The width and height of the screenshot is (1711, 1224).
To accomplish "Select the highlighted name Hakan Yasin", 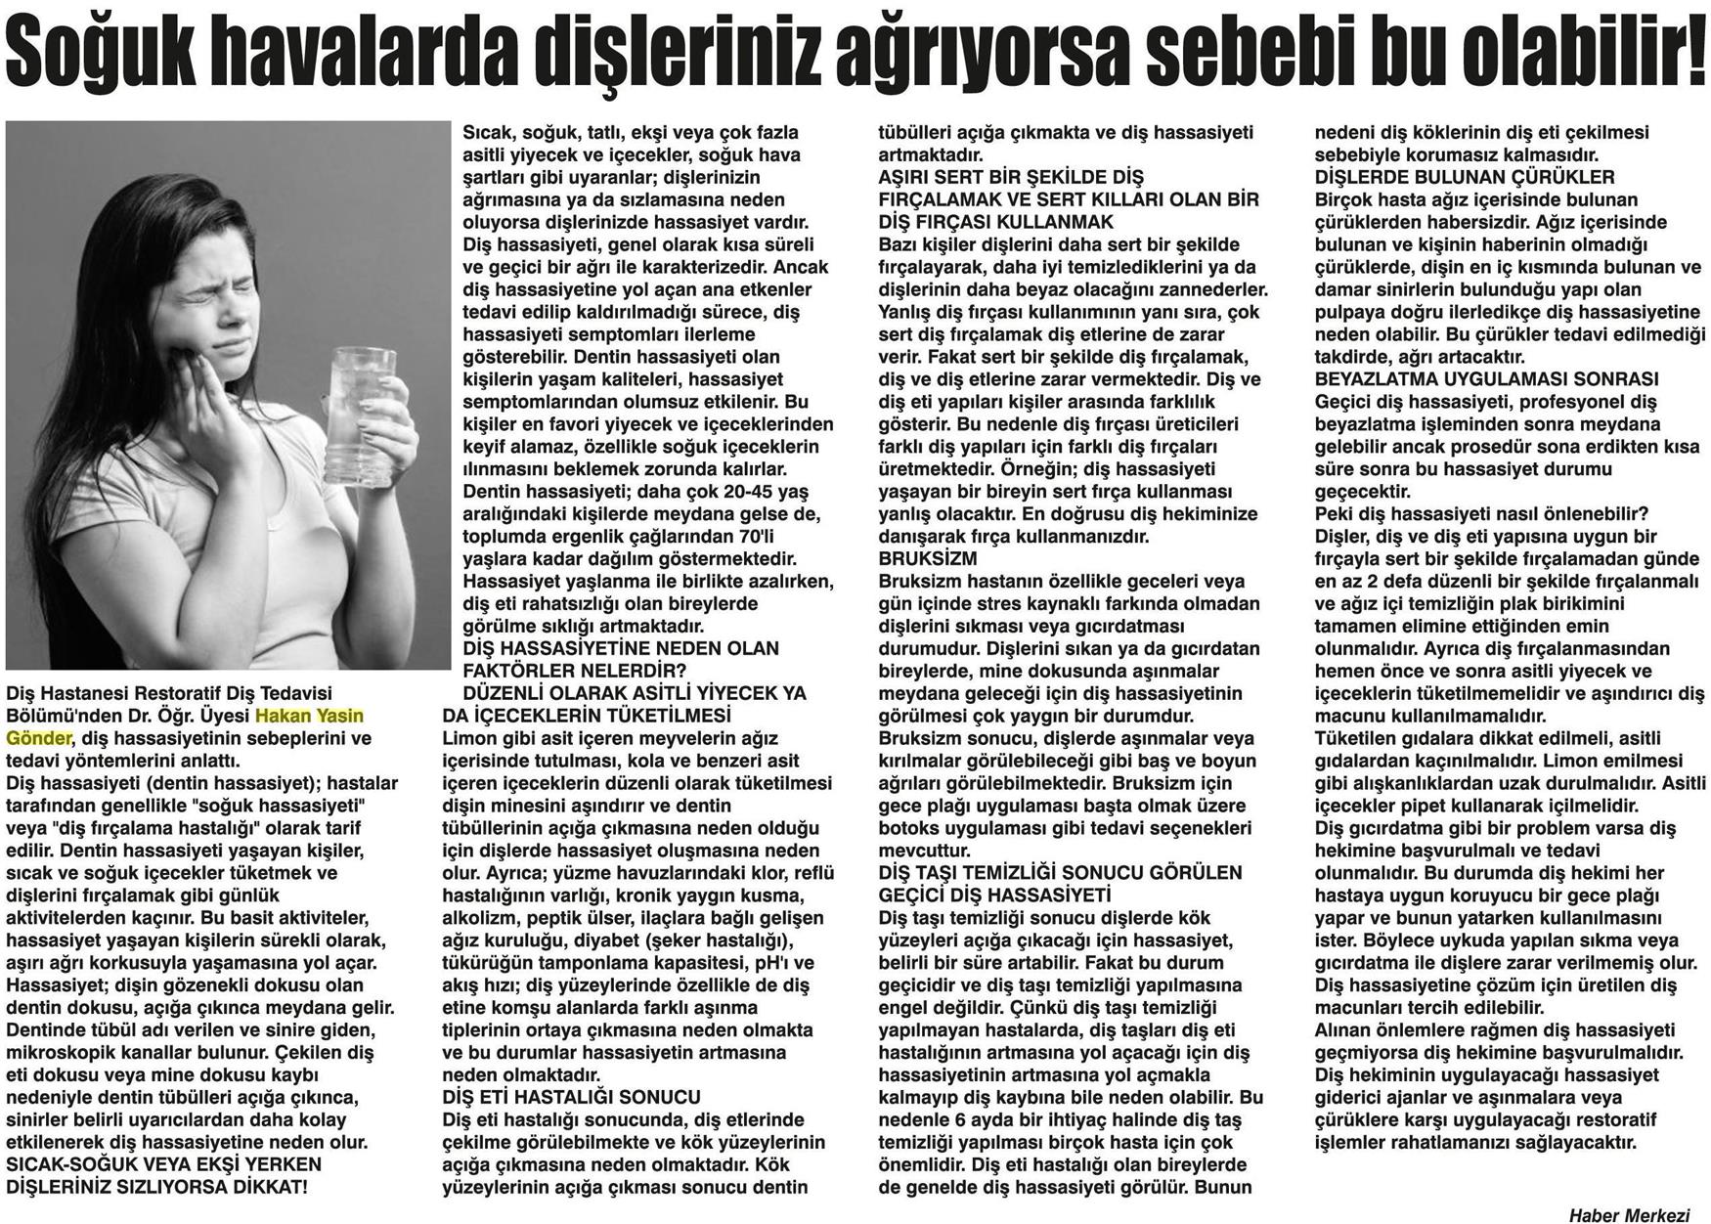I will coord(309,716).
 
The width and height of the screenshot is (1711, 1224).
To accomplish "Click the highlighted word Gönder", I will coord(38,738).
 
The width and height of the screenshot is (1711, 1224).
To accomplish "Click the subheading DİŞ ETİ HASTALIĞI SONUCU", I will coord(571,1097).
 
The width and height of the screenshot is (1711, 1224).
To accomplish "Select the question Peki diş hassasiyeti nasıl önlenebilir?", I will coord(1481,514).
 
